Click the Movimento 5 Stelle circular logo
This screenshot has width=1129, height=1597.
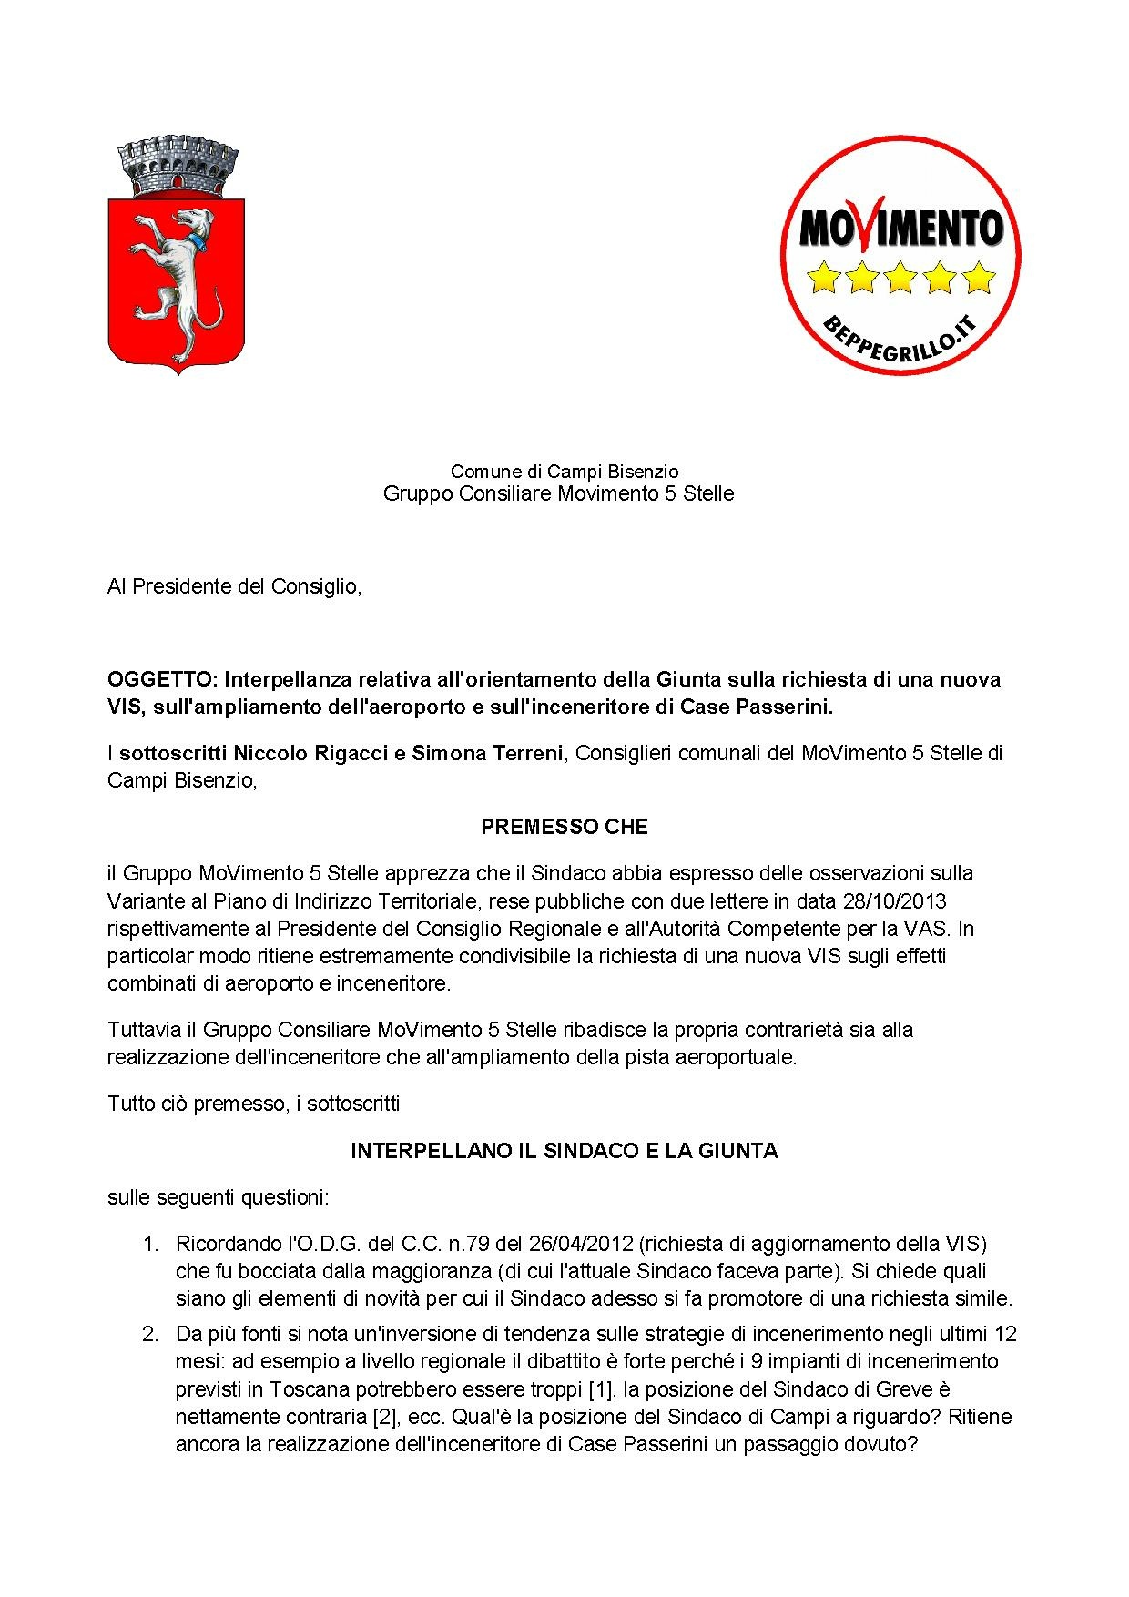[900, 254]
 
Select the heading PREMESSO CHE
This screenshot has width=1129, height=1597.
[564, 827]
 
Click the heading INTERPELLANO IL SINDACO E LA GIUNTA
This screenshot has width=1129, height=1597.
[564, 1151]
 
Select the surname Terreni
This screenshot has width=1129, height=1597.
[528, 753]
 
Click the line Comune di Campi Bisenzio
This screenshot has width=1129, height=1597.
[564, 472]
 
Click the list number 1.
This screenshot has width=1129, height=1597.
[150, 1244]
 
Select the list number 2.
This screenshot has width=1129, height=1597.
[150, 1334]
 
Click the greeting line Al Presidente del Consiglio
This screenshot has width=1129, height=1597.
[235, 586]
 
